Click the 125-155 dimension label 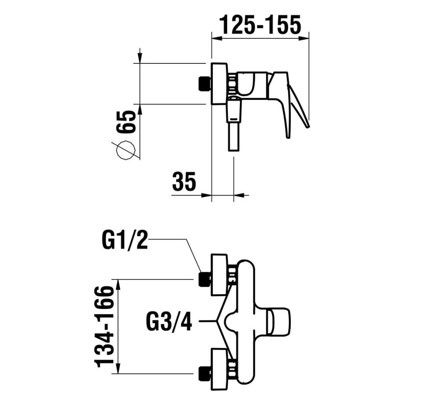[x=260, y=25]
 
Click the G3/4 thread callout [x=169, y=321]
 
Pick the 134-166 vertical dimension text [x=104, y=326]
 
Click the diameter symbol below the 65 [x=126, y=151]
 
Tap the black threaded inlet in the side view [x=205, y=84]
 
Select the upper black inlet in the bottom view [x=205, y=279]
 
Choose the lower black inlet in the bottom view [x=205, y=374]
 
